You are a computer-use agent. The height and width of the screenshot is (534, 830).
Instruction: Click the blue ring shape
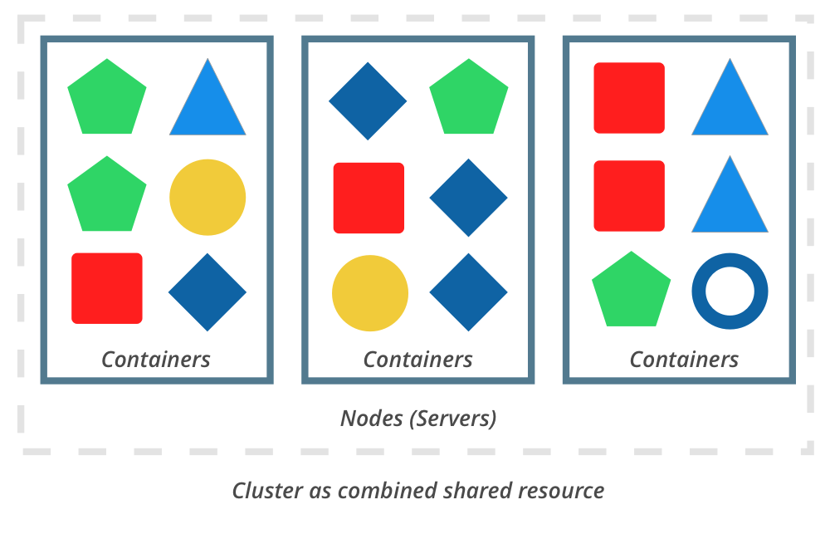tap(730, 291)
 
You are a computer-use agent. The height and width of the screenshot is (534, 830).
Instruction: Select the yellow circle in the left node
tap(207, 197)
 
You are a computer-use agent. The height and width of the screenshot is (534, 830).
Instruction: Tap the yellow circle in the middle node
tap(370, 293)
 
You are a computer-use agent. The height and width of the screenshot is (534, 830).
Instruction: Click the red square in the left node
tap(107, 288)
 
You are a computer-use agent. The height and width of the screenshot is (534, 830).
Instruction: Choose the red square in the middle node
tap(369, 198)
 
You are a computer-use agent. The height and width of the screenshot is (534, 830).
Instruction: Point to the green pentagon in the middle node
tap(468, 99)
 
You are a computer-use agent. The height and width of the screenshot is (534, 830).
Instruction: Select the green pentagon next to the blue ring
tap(631, 291)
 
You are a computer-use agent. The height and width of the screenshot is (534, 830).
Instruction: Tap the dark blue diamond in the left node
tap(207, 292)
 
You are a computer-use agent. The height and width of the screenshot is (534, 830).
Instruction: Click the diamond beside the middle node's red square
tap(468, 198)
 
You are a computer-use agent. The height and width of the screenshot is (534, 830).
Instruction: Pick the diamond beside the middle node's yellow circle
tap(468, 292)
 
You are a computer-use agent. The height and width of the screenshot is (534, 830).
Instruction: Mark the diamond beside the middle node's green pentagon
tap(368, 101)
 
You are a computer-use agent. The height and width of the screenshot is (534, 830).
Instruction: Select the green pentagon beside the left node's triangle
tap(106, 99)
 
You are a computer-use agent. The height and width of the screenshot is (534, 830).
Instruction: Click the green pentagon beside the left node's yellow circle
tap(106, 196)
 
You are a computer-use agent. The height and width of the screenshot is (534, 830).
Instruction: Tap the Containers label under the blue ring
tap(683, 360)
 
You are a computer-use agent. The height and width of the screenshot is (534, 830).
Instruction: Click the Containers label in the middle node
tap(417, 360)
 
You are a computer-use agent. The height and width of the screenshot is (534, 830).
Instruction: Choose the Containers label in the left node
tap(156, 360)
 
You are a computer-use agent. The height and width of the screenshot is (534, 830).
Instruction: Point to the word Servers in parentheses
tap(452, 419)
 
